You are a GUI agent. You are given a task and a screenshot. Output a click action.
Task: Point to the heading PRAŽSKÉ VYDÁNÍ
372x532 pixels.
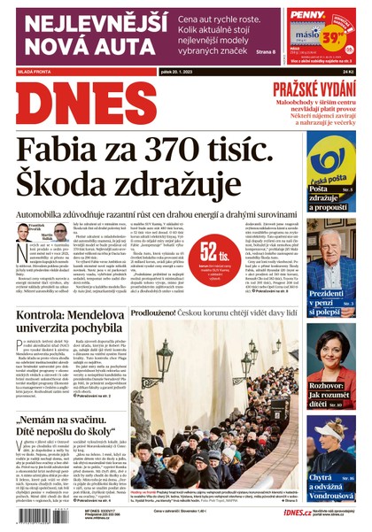[314, 89]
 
